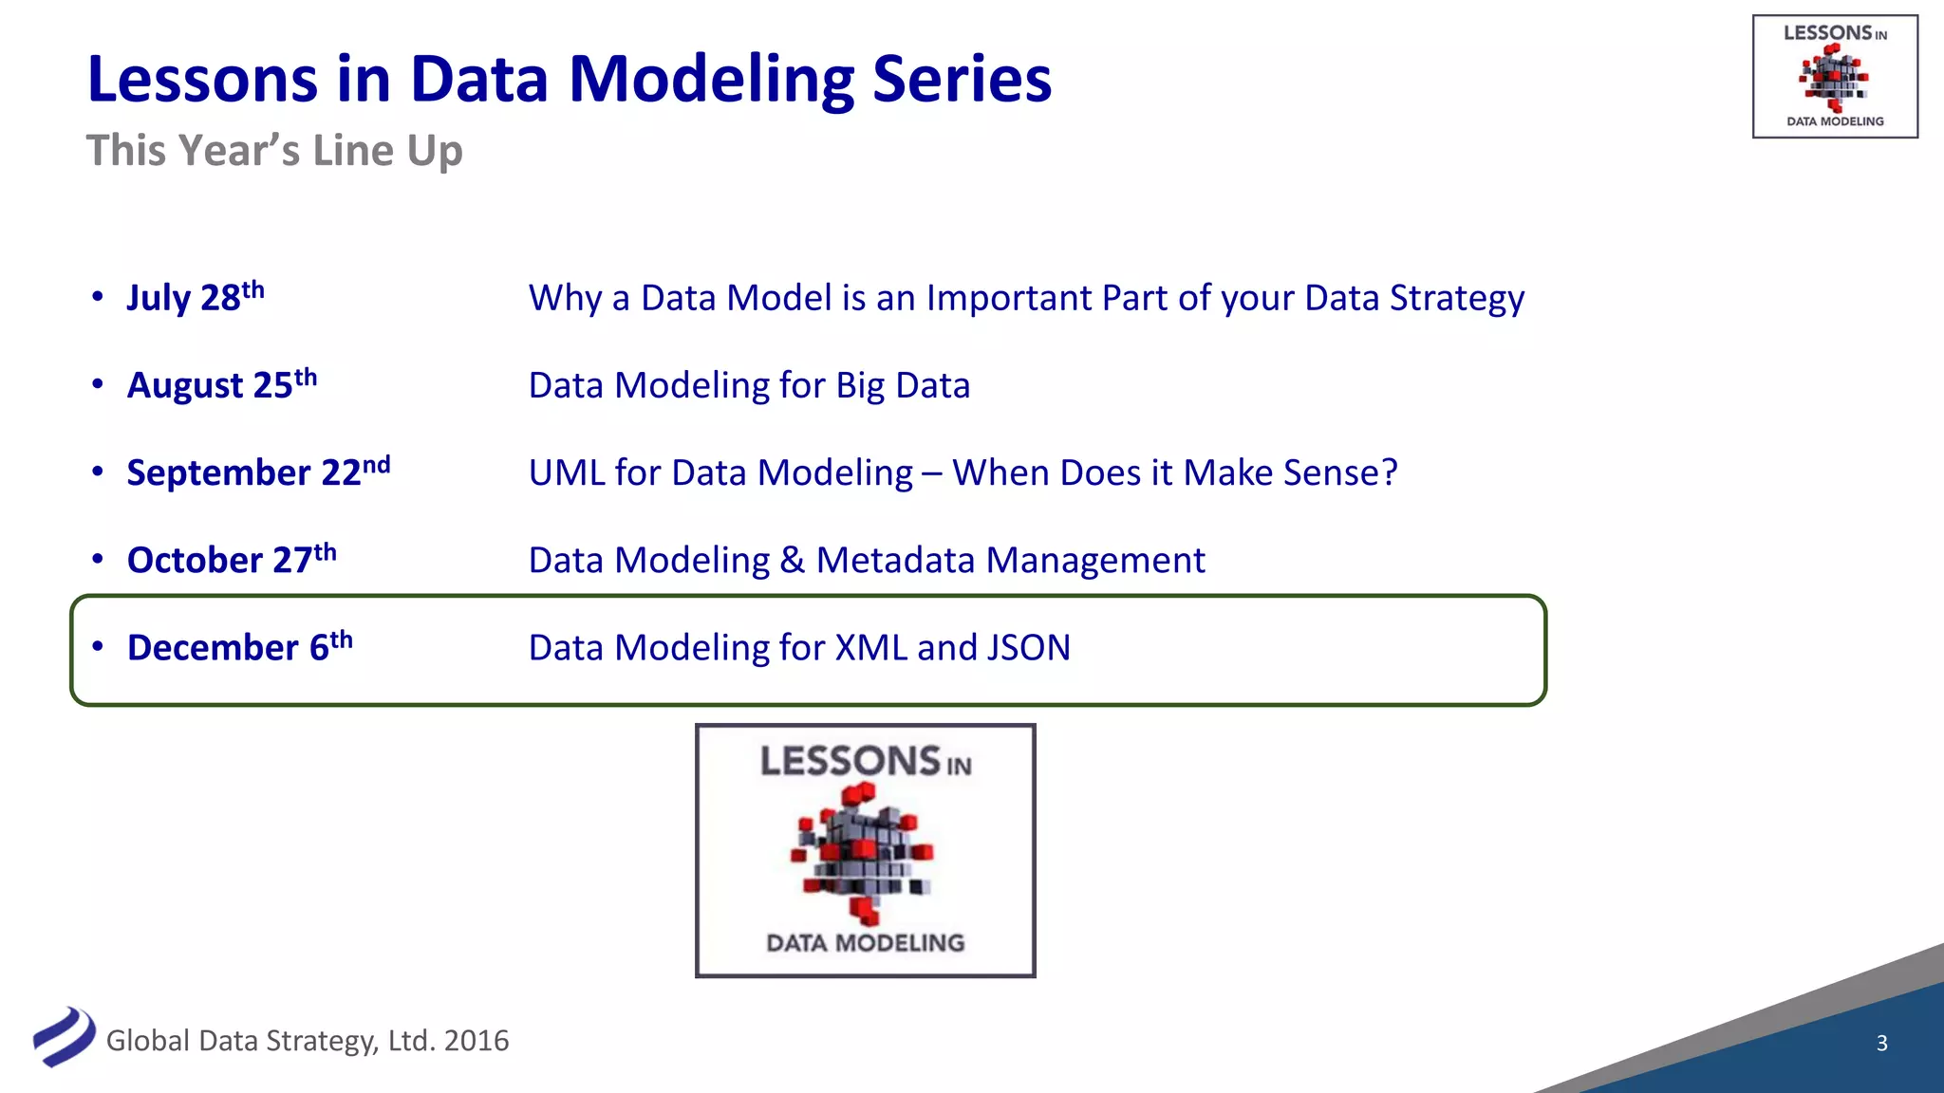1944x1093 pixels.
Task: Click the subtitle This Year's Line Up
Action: point(274,151)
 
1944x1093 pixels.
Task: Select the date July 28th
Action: point(196,297)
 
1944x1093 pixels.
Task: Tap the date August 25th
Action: point(222,384)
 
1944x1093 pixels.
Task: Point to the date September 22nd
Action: point(258,472)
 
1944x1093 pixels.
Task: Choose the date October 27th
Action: point(232,559)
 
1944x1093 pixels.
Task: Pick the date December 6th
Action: point(239,646)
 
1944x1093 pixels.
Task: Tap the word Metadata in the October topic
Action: point(895,561)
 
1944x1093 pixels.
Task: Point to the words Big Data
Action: point(903,385)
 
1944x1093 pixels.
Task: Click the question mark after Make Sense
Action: point(1389,472)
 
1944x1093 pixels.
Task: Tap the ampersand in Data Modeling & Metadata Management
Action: point(793,561)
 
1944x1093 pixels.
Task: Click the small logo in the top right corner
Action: point(1834,77)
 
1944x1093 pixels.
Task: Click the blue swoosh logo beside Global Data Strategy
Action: point(64,1036)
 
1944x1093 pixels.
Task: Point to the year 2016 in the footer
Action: point(477,1041)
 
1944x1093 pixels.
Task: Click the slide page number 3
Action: point(1881,1043)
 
